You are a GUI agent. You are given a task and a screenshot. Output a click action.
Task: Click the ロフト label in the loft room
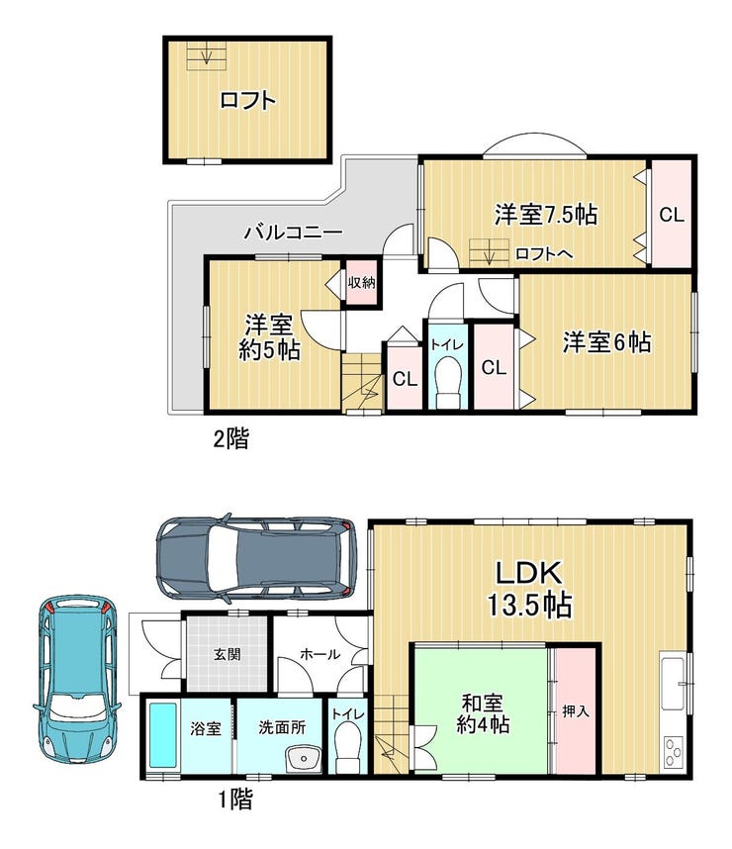tap(248, 100)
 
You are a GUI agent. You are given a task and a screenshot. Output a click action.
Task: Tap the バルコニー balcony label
tap(293, 233)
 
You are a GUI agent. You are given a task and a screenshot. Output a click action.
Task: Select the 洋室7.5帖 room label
tap(546, 215)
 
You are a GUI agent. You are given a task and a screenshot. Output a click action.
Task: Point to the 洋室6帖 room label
tap(606, 342)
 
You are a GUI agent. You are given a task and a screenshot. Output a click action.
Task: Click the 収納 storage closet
tap(362, 283)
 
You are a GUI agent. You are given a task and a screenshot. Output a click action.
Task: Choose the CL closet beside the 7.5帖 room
tap(672, 214)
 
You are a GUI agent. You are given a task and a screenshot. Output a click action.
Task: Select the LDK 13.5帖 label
tap(529, 589)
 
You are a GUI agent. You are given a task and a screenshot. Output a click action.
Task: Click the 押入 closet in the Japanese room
tap(576, 710)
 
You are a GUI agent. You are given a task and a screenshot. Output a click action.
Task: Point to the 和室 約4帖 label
tap(483, 713)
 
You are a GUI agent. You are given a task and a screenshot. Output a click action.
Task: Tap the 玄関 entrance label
tap(227, 654)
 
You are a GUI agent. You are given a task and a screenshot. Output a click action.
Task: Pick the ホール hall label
tap(320, 654)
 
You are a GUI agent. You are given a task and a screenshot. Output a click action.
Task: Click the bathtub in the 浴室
tap(163, 736)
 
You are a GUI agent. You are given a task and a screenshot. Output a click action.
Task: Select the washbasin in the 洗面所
tap(304, 759)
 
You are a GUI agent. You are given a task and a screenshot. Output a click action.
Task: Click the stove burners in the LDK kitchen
tap(674, 751)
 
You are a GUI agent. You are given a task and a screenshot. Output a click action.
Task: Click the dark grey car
tap(256, 559)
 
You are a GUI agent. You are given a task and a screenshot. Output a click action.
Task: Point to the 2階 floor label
tap(231, 438)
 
